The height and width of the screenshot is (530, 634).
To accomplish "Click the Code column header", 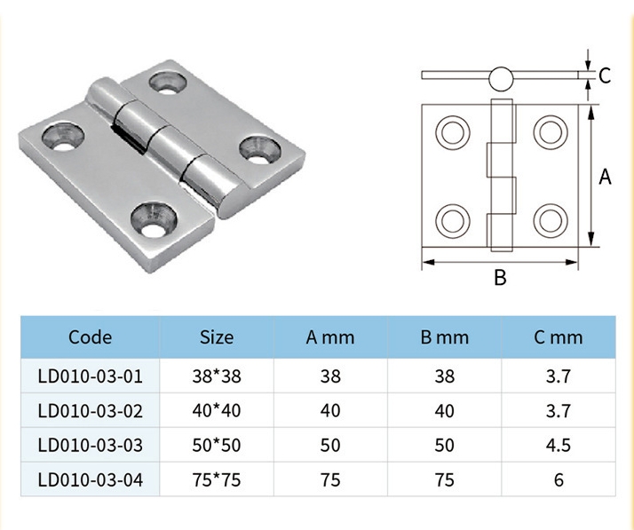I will coord(91,336).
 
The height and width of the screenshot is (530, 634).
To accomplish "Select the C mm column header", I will coord(559,336).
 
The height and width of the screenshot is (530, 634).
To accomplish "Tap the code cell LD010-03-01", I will coord(91,376).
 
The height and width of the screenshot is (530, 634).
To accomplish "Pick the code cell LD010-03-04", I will coord(91,480).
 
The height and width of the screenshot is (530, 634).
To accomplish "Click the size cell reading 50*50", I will coord(217,446).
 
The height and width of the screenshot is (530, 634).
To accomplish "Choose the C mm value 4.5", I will coord(559,446).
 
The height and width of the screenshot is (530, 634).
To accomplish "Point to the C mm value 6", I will coord(559,480).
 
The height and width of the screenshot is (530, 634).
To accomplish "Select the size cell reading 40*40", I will coord(217,411).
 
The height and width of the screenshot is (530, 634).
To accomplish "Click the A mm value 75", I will coord(330,480).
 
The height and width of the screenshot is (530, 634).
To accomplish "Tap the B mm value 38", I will coord(445,376).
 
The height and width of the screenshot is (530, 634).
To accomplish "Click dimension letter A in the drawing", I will coord(606,178).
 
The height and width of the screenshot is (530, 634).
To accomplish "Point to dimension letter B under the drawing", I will coord(500,279).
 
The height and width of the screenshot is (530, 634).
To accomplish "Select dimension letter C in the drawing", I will coord(604,76).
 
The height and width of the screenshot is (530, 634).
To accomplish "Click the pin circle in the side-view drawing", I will coord(500,78).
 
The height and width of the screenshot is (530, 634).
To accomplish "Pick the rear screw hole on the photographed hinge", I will coord(166,83).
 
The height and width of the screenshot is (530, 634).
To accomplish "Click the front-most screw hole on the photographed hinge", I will coord(153,216).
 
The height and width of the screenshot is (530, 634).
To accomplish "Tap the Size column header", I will coord(217,336).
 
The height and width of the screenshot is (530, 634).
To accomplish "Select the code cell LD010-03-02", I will coord(91,411).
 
